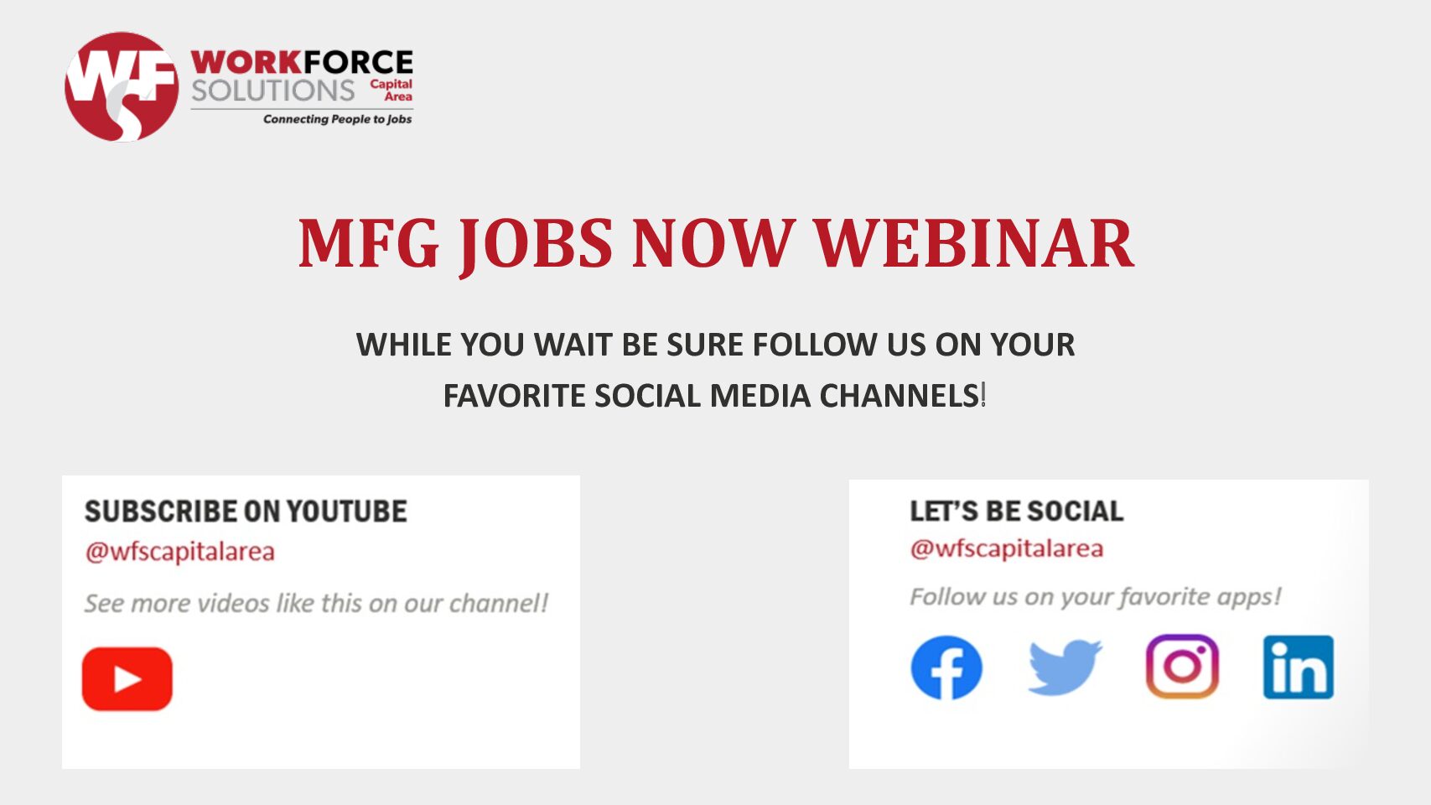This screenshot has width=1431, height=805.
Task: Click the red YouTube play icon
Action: (127, 678)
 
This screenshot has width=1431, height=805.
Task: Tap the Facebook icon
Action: (946, 667)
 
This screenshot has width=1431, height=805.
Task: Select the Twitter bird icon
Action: (1065, 667)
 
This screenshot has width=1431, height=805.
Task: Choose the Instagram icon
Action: (1182, 667)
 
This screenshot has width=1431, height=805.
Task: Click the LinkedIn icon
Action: (1298, 667)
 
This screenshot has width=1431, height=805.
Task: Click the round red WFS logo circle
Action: (122, 87)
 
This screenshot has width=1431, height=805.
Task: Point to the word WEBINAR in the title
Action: (973, 244)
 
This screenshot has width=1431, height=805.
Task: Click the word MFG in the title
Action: (369, 244)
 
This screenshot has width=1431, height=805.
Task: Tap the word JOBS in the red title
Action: (536, 246)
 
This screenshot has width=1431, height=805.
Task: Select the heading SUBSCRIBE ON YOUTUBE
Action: (246, 512)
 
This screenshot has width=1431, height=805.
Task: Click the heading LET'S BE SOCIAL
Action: (1016, 512)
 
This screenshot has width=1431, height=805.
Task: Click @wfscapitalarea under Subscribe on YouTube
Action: (179, 552)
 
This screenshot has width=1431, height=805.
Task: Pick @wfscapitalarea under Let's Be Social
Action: (1006, 548)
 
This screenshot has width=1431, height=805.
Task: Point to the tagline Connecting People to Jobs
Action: (337, 119)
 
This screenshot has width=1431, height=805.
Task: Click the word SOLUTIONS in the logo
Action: (272, 91)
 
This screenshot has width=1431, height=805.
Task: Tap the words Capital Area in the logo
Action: (391, 90)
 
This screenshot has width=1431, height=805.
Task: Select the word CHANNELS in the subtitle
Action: (900, 396)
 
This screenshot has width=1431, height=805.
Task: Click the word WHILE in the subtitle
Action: (403, 345)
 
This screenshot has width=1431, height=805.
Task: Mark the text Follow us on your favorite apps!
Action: (1096, 597)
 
